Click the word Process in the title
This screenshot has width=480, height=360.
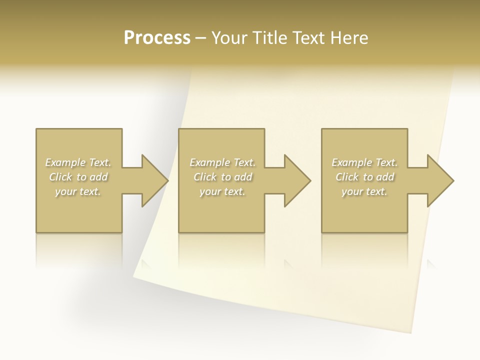click(x=157, y=38)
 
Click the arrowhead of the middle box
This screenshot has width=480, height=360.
click(x=297, y=180)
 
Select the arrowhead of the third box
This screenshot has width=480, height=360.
click(x=440, y=180)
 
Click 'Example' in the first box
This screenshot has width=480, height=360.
click(x=65, y=162)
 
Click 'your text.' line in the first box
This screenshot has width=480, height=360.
click(x=78, y=191)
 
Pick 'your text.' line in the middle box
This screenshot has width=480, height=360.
click(x=222, y=191)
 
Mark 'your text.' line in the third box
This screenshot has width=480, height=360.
click(x=364, y=191)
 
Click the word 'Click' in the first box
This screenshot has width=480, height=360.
click(x=60, y=177)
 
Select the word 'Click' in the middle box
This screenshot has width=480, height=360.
click(x=205, y=177)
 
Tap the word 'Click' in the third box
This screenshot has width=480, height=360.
click(x=347, y=177)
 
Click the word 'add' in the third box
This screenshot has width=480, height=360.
click(x=385, y=177)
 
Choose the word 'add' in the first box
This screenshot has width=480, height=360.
click(x=98, y=177)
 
